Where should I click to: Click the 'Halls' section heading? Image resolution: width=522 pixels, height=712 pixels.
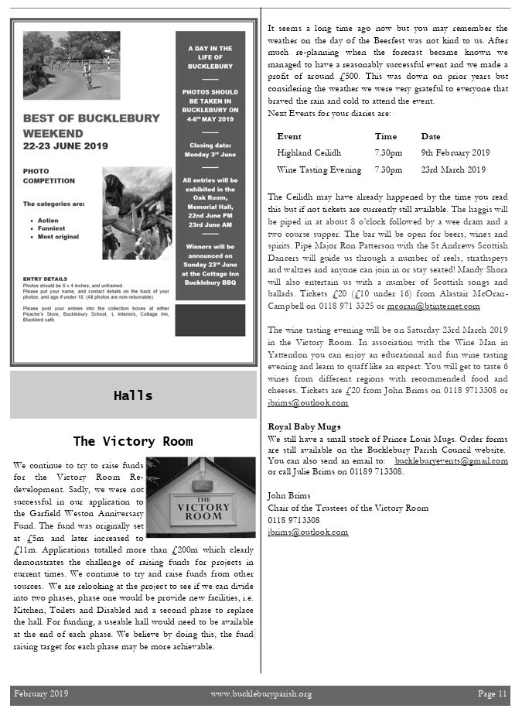[x=133, y=395]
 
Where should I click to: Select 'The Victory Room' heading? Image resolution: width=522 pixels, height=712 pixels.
[x=133, y=441]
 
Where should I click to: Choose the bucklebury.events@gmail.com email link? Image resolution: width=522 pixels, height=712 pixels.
[x=451, y=461]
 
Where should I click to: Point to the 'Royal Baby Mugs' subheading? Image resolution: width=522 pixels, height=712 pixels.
[x=304, y=426]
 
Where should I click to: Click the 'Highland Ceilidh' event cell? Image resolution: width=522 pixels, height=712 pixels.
[x=309, y=152]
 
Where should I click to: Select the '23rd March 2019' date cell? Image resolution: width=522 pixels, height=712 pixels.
[x=453, y=169]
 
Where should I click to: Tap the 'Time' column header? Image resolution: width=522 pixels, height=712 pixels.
[x=385, y=136]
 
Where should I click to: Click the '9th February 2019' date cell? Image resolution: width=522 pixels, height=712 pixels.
[x=455, y=152]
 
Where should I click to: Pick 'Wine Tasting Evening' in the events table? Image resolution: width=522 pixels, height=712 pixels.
[x=319, y=169]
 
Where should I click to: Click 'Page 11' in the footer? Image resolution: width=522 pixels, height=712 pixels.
[x=492, y=693]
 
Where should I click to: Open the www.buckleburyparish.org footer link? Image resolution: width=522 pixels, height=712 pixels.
[x=261, y=693]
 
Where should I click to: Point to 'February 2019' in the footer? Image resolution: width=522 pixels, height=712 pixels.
[x=41, y=693]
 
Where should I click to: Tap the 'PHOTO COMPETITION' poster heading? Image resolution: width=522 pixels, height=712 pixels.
[x=49, y=175]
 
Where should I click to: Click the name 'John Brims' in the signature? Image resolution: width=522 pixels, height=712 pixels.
[x=289, y=495]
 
